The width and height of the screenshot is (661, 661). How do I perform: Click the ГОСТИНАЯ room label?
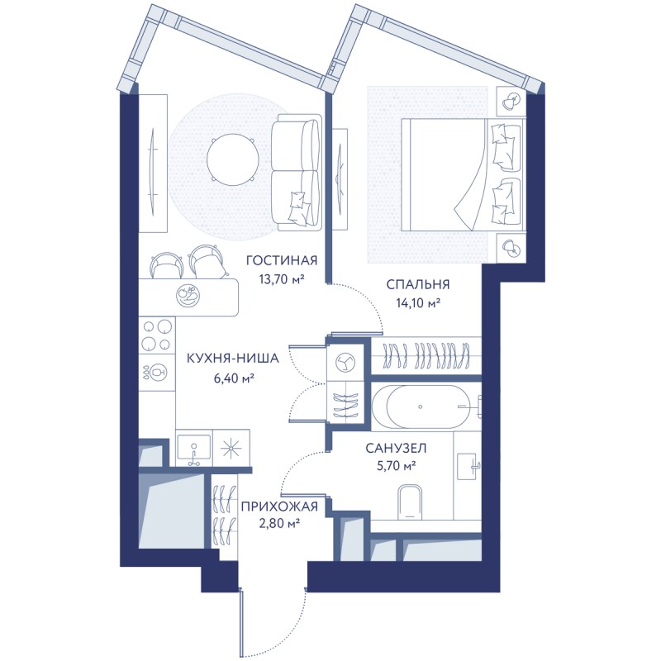coord(282,260)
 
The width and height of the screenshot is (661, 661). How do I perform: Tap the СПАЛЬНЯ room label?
coord(418,284)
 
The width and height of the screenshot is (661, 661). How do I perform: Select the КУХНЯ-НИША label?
coord(233,359)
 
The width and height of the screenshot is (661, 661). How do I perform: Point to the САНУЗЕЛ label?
coord(396,448)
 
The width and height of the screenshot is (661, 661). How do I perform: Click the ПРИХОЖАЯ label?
coord(279,506)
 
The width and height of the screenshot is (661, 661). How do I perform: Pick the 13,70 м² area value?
coord(283,278)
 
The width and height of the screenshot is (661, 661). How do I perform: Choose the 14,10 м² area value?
coord(418,302)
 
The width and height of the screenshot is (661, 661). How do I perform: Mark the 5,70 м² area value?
coord(396,466)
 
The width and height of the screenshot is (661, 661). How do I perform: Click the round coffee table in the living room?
coord(232,159)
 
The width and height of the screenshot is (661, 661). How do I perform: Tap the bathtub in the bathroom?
coord(426,407)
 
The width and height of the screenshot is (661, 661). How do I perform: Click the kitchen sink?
coord(194,448)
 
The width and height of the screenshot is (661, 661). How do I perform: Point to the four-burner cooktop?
coord(157,335)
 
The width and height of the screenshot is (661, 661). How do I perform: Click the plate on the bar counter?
coord(188,296)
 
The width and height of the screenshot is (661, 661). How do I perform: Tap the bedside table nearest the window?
coord(511,101)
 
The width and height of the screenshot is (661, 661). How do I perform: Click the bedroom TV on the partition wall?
coord(340,179)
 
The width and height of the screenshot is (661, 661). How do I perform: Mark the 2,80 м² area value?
coord(279,524)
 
